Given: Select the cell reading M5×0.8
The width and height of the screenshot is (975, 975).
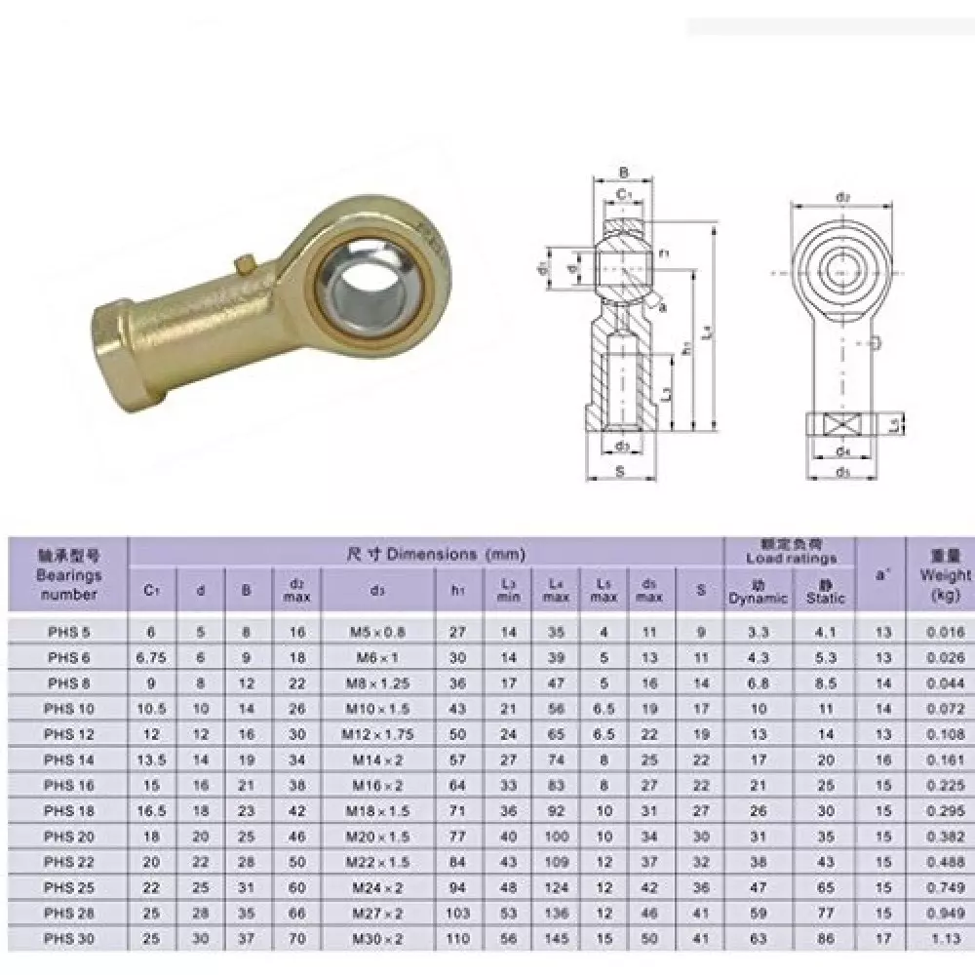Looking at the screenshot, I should coord(377,632).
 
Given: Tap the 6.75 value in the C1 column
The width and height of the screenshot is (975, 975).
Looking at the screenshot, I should coord(151,657).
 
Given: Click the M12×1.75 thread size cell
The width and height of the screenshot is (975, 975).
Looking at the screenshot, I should coord(377,733).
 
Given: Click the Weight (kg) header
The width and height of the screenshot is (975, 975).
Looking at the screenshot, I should coord(944,574).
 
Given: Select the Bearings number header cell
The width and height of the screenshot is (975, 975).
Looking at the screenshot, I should coord(69,575).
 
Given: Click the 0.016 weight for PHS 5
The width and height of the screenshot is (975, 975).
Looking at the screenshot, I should coord(944,632).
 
